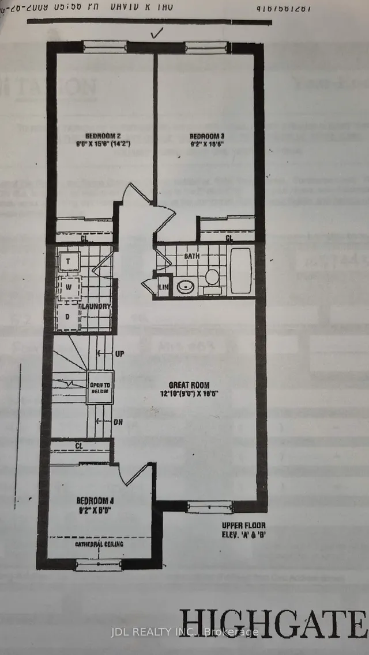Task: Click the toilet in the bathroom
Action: point(212,277)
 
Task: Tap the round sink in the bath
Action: point(186,286)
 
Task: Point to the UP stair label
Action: point(119,353)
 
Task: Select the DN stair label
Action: point(118,422)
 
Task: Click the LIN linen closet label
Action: point(163,287)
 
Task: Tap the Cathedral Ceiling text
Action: point(99,543)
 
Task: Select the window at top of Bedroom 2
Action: point(105,47)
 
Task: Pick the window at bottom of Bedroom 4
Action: point(100,565)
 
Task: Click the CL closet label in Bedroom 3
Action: point(229,238)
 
